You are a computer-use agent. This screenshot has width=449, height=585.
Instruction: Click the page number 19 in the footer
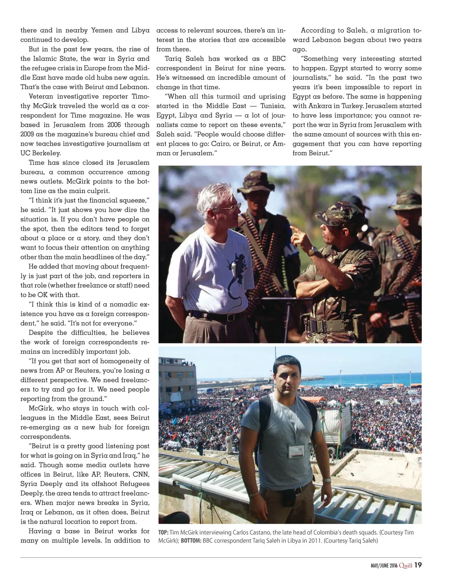coord(418,565)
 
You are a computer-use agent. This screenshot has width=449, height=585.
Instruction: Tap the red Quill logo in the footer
coord(406,565)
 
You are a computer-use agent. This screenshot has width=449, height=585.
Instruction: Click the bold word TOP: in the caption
coord(163,532)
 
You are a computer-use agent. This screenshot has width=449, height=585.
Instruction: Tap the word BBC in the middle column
coord(278,59)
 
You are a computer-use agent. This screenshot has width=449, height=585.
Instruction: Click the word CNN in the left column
coord(140,474)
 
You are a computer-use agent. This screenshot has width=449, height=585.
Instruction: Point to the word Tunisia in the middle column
coord(273,106)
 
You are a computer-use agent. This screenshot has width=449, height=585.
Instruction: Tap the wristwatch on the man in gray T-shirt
coord(327,480)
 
